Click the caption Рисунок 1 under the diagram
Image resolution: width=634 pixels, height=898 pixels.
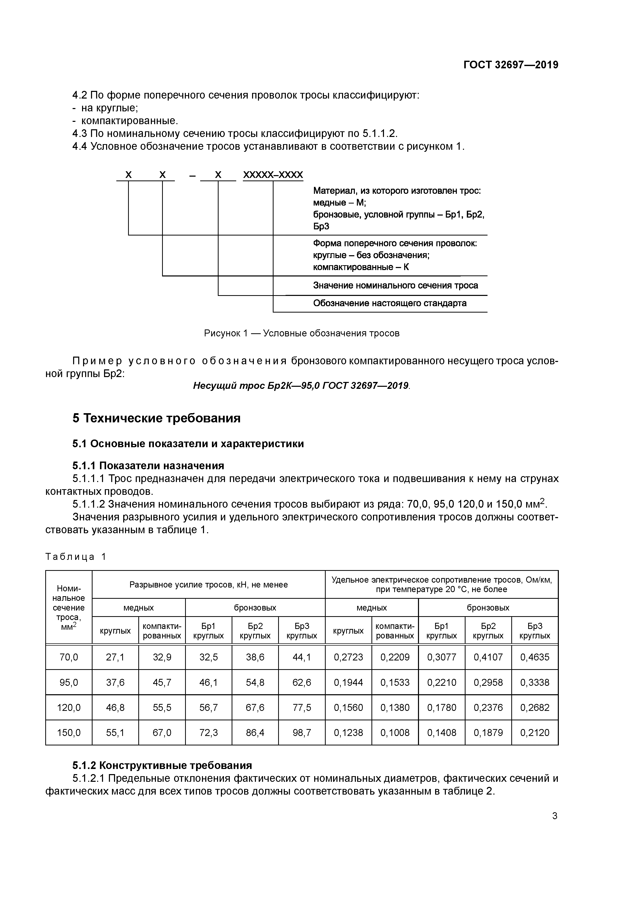(302, 333)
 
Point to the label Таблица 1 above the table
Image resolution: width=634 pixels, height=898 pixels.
(76, 557)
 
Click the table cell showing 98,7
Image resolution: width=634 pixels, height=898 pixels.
(302, 733)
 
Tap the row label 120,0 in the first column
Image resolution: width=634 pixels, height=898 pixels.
(69, 708)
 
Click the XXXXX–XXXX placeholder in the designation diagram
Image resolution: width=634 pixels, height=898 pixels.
(273, 175)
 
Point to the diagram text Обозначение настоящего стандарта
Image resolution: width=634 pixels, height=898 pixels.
(389, 303)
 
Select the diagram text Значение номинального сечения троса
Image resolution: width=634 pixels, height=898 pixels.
(395, 285)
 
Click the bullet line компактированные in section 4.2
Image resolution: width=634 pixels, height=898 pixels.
(129, 121)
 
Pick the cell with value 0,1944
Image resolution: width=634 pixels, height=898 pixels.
(348, 682)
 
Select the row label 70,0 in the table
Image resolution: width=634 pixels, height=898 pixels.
(69, 657)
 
